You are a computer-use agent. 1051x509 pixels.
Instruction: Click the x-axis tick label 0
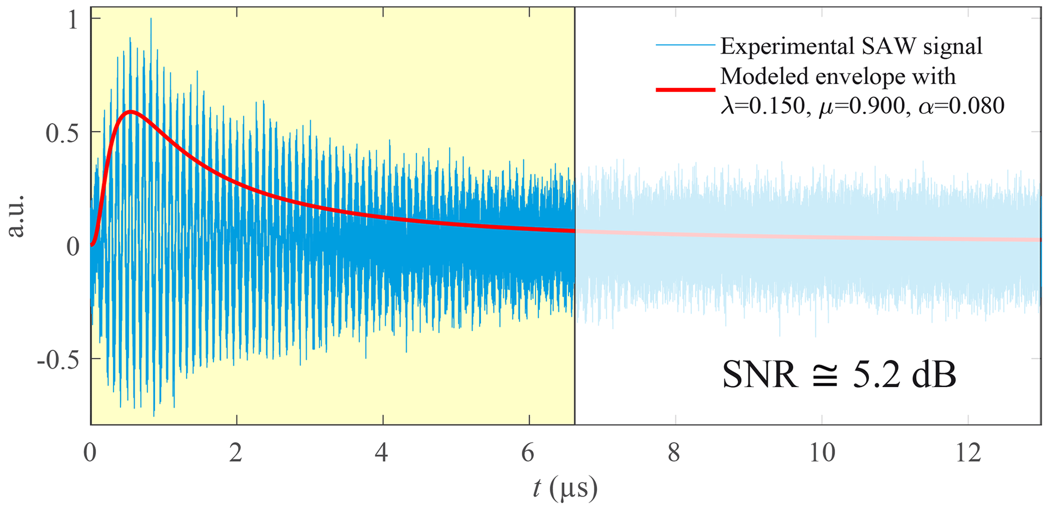pos(90,452)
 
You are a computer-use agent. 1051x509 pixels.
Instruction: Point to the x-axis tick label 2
pos(235,452)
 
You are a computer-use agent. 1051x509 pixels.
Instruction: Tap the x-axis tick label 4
pos(382,452)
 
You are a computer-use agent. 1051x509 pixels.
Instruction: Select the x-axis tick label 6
pos(528,452)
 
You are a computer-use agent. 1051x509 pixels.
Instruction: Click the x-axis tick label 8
pos(674,452)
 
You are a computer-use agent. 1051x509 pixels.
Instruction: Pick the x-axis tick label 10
pos(821,452)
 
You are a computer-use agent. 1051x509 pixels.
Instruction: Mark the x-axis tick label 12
pos(968,452)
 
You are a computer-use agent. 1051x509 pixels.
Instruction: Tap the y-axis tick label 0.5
pos(63,133)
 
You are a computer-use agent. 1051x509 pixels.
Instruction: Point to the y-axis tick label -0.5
pos(58,360)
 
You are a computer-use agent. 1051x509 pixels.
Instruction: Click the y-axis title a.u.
pos(16,216)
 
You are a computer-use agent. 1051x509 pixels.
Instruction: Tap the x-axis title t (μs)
pos(565,488)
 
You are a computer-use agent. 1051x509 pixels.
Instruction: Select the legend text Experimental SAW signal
pos(851,46)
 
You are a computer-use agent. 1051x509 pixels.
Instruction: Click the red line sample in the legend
pos(685,89)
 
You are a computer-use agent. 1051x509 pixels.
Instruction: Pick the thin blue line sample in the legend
pos(685,45)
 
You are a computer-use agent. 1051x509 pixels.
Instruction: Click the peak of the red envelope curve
pos(131,111)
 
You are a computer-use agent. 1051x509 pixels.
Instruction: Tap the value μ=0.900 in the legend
pos(864,106)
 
